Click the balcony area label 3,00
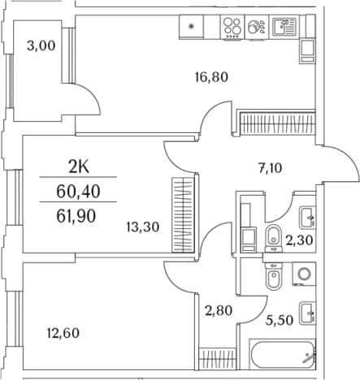(41, 45)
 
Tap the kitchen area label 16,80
(211, 77)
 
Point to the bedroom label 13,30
(143, 227)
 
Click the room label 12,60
(63, 333)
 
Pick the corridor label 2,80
(219, 310)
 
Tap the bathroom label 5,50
(280, 321)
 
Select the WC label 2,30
(300, 240)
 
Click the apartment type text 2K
(79, 168)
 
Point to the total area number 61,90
(76, 216)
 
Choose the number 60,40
(78, 192)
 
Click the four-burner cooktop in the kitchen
(232, 28)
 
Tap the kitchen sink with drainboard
(284, 27)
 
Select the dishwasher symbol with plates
(256, 27)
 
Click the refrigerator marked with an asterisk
(191, 26)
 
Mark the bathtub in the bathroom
(282, 354)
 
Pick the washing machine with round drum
(304, 274)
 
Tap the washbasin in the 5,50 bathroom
(307, 313)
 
